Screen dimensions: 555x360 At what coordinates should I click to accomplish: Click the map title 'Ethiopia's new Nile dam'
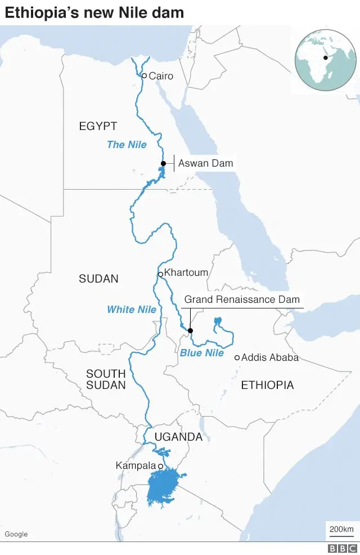coord(94,12)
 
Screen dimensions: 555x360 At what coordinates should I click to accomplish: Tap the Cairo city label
coord(161,76)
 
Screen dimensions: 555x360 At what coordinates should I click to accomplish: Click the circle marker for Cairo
coord(144,75)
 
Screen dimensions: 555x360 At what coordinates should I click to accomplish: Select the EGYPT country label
coord(98,126)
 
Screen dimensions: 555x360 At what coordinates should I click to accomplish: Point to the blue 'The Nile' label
coord(127,145)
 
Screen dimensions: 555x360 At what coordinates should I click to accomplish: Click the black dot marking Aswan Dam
coord(163,163)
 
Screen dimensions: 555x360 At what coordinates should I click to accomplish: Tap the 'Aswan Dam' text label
coord(205,163)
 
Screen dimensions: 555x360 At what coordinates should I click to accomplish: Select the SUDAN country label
coord(98,279)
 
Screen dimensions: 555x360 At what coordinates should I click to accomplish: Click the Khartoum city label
coord(186,272)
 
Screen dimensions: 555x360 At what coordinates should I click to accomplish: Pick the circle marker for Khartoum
coord(160,274)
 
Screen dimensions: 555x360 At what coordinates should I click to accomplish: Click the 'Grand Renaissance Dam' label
coord(242,299)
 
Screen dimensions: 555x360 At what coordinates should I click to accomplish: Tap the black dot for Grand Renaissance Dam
coord(190,330)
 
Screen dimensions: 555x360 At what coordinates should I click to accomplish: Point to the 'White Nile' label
coord(132,310)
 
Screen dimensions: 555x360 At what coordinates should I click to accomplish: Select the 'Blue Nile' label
coord(201,353)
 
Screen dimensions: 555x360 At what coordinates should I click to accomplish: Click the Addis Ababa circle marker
coord(237,357)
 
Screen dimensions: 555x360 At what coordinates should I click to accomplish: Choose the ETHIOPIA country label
coord(267,385)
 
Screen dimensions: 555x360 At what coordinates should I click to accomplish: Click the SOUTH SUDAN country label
coord(106,379)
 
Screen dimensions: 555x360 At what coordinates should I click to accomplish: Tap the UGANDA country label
coord(178,437)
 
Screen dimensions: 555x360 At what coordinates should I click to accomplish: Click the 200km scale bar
coord(341,530)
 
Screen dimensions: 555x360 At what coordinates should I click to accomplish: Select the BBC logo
coord(343,548)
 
